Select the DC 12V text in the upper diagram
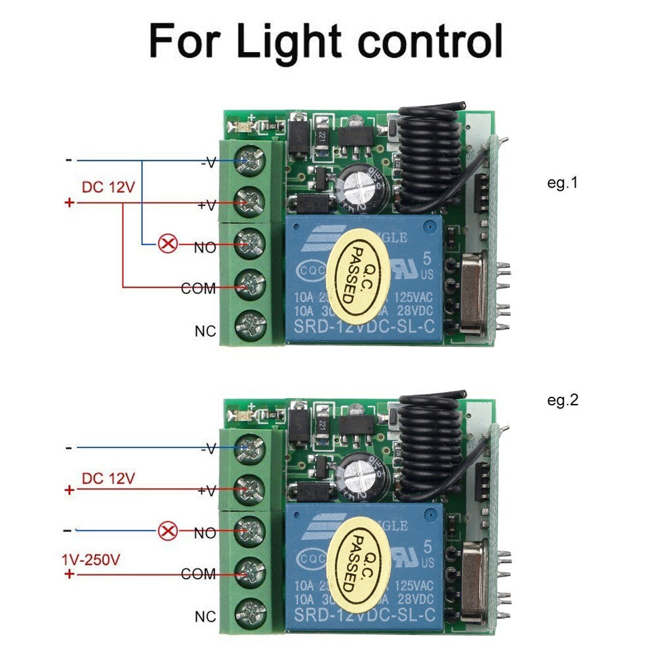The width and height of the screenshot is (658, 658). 108,187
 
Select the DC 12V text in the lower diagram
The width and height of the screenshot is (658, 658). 108,478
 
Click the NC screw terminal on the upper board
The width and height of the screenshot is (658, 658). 251,324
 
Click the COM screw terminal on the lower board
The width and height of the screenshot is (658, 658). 251,573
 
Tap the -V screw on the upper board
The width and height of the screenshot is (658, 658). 251,161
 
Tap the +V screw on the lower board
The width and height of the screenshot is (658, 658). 251,489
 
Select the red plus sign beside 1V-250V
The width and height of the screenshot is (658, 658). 69,574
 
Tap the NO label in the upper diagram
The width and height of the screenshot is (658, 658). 205,248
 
